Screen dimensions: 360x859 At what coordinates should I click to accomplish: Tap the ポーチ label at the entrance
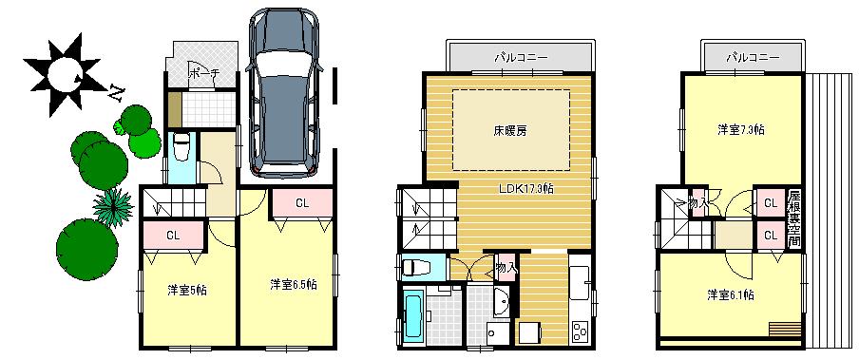pyautogui.click(x=203, y=73)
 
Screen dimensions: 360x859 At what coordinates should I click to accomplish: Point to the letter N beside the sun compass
pyautogui.click(x=116, y=92)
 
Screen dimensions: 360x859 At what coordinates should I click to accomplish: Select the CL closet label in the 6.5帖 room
pyautogui.click(x=301, y=202)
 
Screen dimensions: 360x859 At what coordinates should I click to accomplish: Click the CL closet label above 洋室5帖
pyautogui.click(x=173, y=234)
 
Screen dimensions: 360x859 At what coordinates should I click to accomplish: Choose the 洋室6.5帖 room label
pyautogui.click(x=292, y=284)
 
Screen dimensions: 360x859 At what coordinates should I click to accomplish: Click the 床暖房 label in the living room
pyautogui.click(x=510, y=130)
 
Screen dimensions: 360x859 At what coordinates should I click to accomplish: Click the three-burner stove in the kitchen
pyautogui.click(x=579, y=332)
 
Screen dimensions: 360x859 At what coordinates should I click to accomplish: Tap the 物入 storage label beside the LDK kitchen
pyautogui.click(x=506, y=268)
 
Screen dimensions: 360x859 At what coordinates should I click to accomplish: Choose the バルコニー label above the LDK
pyautogui.click(x=519, y=57)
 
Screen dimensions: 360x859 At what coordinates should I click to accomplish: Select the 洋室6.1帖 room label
pyautogui.click(x=731, y=295)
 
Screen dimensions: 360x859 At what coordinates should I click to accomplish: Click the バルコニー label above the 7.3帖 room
pyautogui.click(x=753, y=57)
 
